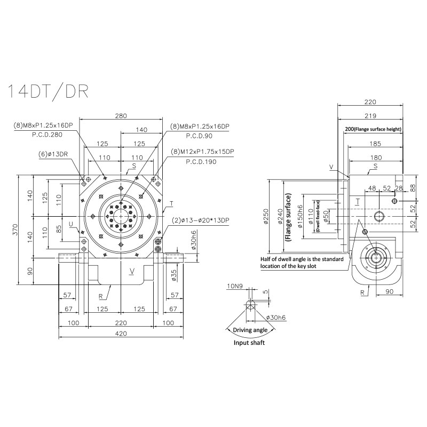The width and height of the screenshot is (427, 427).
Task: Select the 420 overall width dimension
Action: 121,334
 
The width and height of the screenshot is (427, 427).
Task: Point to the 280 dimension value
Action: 121,115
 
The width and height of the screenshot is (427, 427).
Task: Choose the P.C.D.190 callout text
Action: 201,161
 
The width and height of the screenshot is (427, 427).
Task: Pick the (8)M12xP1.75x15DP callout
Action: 202,152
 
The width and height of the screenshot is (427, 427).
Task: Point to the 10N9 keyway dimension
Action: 234,287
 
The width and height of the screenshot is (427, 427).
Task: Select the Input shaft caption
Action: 249,343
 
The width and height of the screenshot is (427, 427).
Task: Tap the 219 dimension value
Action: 370,115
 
